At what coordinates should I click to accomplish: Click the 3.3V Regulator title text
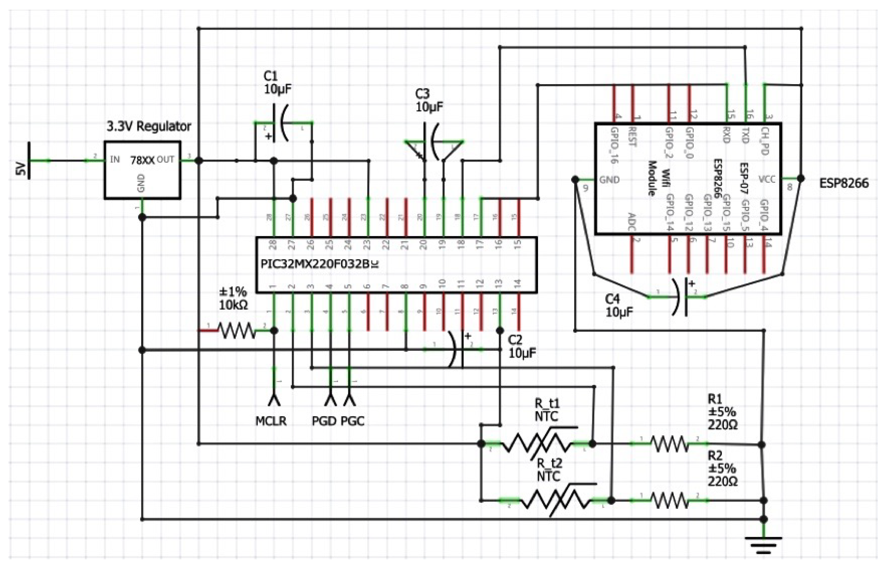pos(149,126)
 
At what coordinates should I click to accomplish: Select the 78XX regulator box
pos(142,170)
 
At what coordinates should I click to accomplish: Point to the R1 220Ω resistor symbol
pos(668,444)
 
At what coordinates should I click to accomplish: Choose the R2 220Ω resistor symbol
pos(668,500)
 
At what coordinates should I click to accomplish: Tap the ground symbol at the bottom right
pos(763,545)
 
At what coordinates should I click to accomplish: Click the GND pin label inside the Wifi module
pos(609,180)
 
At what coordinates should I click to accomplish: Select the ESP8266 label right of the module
pos(843,183)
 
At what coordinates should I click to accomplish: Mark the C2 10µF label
pos(521,347)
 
